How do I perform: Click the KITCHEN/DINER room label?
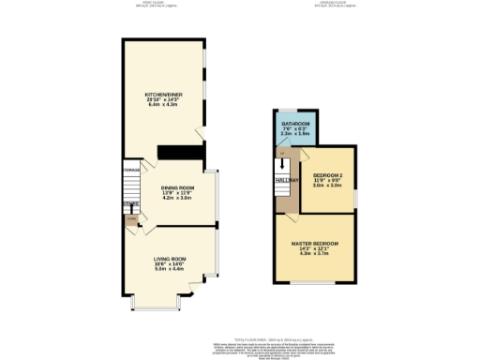(164, 95)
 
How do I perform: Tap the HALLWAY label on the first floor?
(286, 179)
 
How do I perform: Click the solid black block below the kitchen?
(172, 153)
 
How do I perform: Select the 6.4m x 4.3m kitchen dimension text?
(164, 106)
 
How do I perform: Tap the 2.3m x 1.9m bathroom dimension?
(295, 136)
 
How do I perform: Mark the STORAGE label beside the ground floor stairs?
(129, 170)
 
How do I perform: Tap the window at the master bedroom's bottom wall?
(316, 282)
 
